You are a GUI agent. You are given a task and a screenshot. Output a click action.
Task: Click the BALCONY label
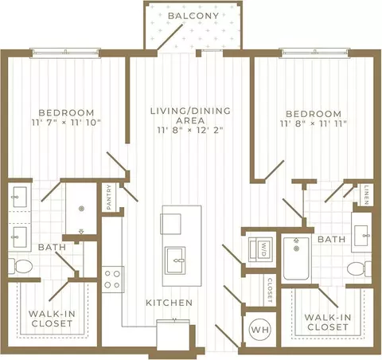tap(193, 16)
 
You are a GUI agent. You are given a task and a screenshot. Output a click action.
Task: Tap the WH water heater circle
tap(260, 330)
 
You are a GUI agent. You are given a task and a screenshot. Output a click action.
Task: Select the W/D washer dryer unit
tap(260, 249)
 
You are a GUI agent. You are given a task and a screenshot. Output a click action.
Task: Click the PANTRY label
tap(109, 198)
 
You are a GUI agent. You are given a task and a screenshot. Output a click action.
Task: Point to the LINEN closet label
tap(366, 195)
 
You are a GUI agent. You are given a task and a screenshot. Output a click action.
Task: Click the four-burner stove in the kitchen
tap(112, 280)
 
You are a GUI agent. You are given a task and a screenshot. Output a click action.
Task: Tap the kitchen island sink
tap(175, 260)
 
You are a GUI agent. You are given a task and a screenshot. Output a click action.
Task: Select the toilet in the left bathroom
tap(20, 266)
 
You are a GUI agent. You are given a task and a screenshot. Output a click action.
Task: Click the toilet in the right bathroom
tap(359, 269)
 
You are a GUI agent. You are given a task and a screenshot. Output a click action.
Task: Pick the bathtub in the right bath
tap(296, 259)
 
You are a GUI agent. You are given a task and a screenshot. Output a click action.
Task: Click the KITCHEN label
tap(170, 303)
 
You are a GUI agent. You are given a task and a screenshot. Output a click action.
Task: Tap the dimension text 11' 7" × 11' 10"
tap(66, 123)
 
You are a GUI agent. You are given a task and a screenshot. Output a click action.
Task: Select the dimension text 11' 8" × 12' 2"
tap(190, 131)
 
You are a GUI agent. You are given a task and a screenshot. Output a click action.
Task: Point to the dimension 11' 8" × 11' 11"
tap(314, 123)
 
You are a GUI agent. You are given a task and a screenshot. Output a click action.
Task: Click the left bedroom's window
tap(65, 53)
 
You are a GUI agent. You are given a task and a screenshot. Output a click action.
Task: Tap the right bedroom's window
tap(315, 53)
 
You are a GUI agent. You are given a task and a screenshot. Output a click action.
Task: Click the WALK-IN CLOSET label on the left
tap(52, 319)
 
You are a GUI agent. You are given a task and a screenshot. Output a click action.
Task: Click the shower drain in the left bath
tap(82, 209)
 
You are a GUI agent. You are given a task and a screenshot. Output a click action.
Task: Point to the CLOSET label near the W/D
tap(270, 291)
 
